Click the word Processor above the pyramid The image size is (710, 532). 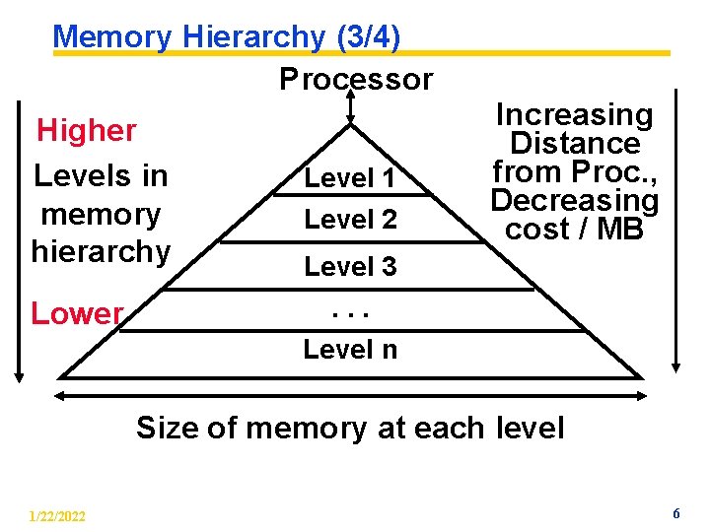(356, 79)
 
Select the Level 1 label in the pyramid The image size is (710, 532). (350, 179)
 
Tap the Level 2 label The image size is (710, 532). (350, 220)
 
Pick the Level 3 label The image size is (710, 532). (350, 266)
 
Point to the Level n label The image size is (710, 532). (350, 349)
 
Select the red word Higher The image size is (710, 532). (87, 130)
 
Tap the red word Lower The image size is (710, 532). (77, 313)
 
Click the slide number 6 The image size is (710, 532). (676, 513)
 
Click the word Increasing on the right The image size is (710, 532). (574, 115)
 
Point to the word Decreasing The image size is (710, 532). (574, 201)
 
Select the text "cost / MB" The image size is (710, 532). (574, 229)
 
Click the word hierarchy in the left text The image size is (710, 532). (101, 251)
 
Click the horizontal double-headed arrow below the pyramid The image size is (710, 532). (350, 396)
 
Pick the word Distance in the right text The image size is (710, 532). (574, 144)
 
